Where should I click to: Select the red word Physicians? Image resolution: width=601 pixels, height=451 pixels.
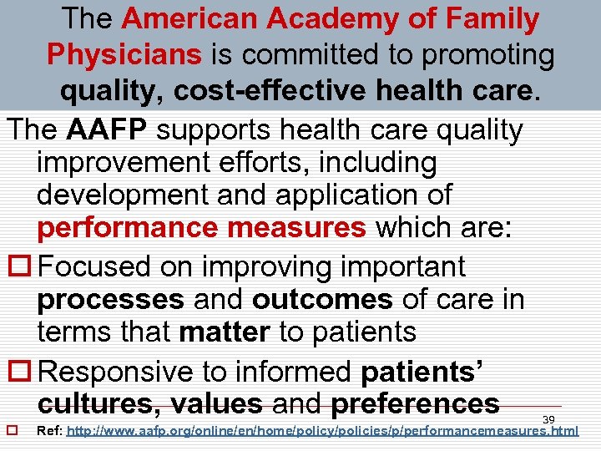pos(124,54)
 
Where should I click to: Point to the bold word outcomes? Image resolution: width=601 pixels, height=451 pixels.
pos(321,299)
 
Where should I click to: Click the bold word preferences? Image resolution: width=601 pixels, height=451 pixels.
pos(415,404)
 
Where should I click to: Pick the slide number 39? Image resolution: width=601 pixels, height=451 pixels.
pos(548,419)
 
